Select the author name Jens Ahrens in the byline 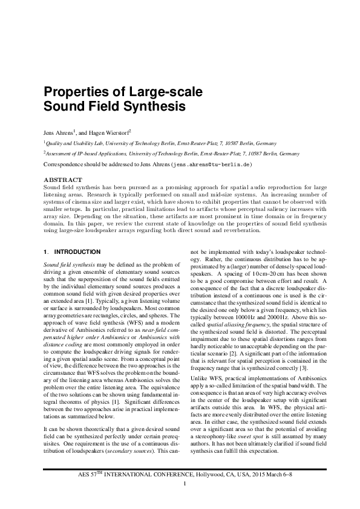(58, 131)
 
